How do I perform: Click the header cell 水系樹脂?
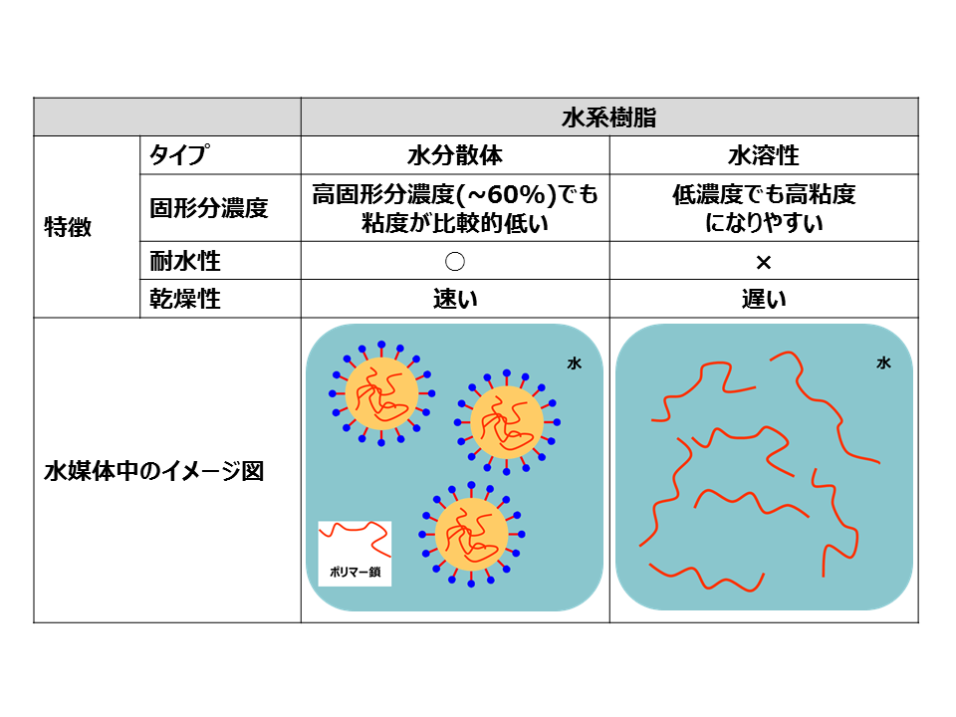tap(609, 118)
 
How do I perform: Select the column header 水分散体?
tap(455, 155)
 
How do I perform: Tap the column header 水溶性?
tap(764, 155)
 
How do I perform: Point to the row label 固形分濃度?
tap(208, 208)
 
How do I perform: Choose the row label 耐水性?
tap(185, 261)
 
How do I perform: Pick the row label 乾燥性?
tap(185, 299)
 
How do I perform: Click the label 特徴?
tap(68, 227)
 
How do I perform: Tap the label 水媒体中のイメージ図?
tap(153, 471)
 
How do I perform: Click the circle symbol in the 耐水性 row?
tap(455, 262)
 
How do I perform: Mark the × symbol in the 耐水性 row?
tap(764, 262)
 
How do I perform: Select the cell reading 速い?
tap(455, 299)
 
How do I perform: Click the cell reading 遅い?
tap(764, 299)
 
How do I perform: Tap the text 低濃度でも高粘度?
tap(764, 194)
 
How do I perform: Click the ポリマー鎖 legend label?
tap(355, 572)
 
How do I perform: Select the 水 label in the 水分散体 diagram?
tap(575, 363)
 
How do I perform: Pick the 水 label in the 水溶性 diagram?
tap(883, 363)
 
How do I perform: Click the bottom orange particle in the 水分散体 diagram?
tap(471, 534)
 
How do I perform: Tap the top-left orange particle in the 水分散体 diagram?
tap(381, 393)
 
